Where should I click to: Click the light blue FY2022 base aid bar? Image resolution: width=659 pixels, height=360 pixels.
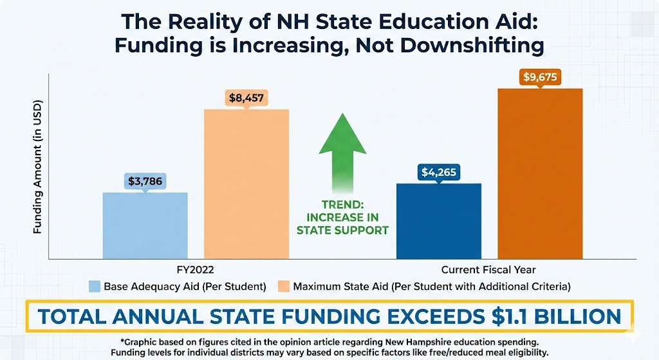pyautogui.click(x=145, y=225)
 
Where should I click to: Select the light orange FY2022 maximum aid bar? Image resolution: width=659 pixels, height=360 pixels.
pyautogui.click(x=246, y=184)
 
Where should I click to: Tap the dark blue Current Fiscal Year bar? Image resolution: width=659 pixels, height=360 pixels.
pyautogui.click(x=440, y=221)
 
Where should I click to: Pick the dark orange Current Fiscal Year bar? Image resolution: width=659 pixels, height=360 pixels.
pyautogui.click(x=541, y=174)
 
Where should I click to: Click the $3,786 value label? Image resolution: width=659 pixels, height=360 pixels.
pyautogui.click(x=146, y=181)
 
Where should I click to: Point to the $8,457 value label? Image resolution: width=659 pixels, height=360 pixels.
pyautogui.click(x=247, y=98)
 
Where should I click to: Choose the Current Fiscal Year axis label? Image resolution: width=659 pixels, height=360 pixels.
pyautogui.click(x=488, y=269)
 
